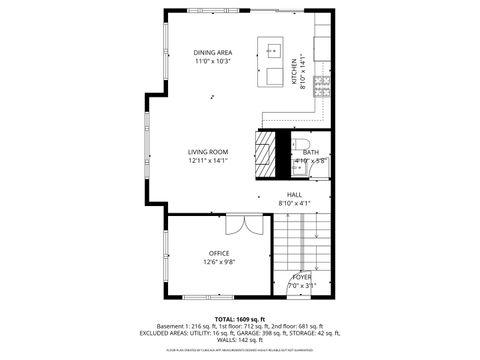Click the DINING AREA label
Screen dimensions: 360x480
[212, 52]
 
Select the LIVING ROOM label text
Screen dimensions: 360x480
[208, 152]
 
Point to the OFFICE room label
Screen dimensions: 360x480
[219, 253]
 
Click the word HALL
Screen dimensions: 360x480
[295, 195]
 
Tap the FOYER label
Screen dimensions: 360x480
[302, 277]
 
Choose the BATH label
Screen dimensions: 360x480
[311, 152]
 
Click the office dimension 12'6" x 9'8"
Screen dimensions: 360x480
[219, 262]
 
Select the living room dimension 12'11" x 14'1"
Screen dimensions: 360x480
[208, 160]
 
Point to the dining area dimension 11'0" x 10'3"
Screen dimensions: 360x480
[212, 61]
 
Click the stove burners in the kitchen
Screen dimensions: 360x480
[322, 84]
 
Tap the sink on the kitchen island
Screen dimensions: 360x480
[272, 48]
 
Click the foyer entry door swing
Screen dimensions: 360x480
[301, 291]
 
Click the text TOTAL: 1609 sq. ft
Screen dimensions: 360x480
[240, 318]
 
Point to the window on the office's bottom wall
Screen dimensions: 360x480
[210, 296]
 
